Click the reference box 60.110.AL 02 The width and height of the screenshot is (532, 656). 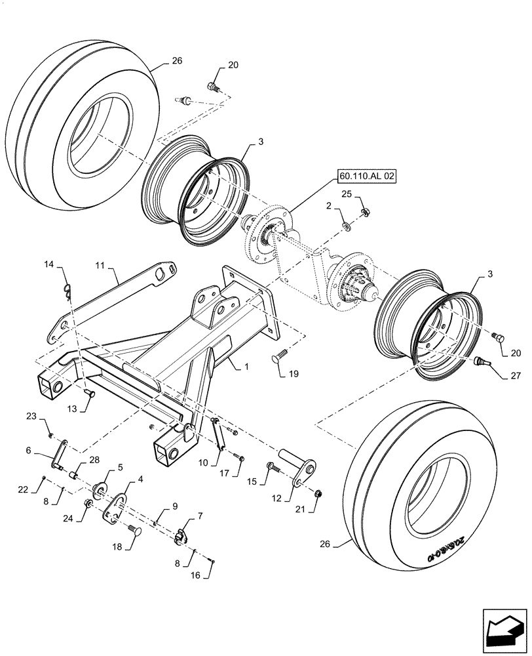pos(368,176)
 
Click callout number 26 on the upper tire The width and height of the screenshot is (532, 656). pos(177,61)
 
